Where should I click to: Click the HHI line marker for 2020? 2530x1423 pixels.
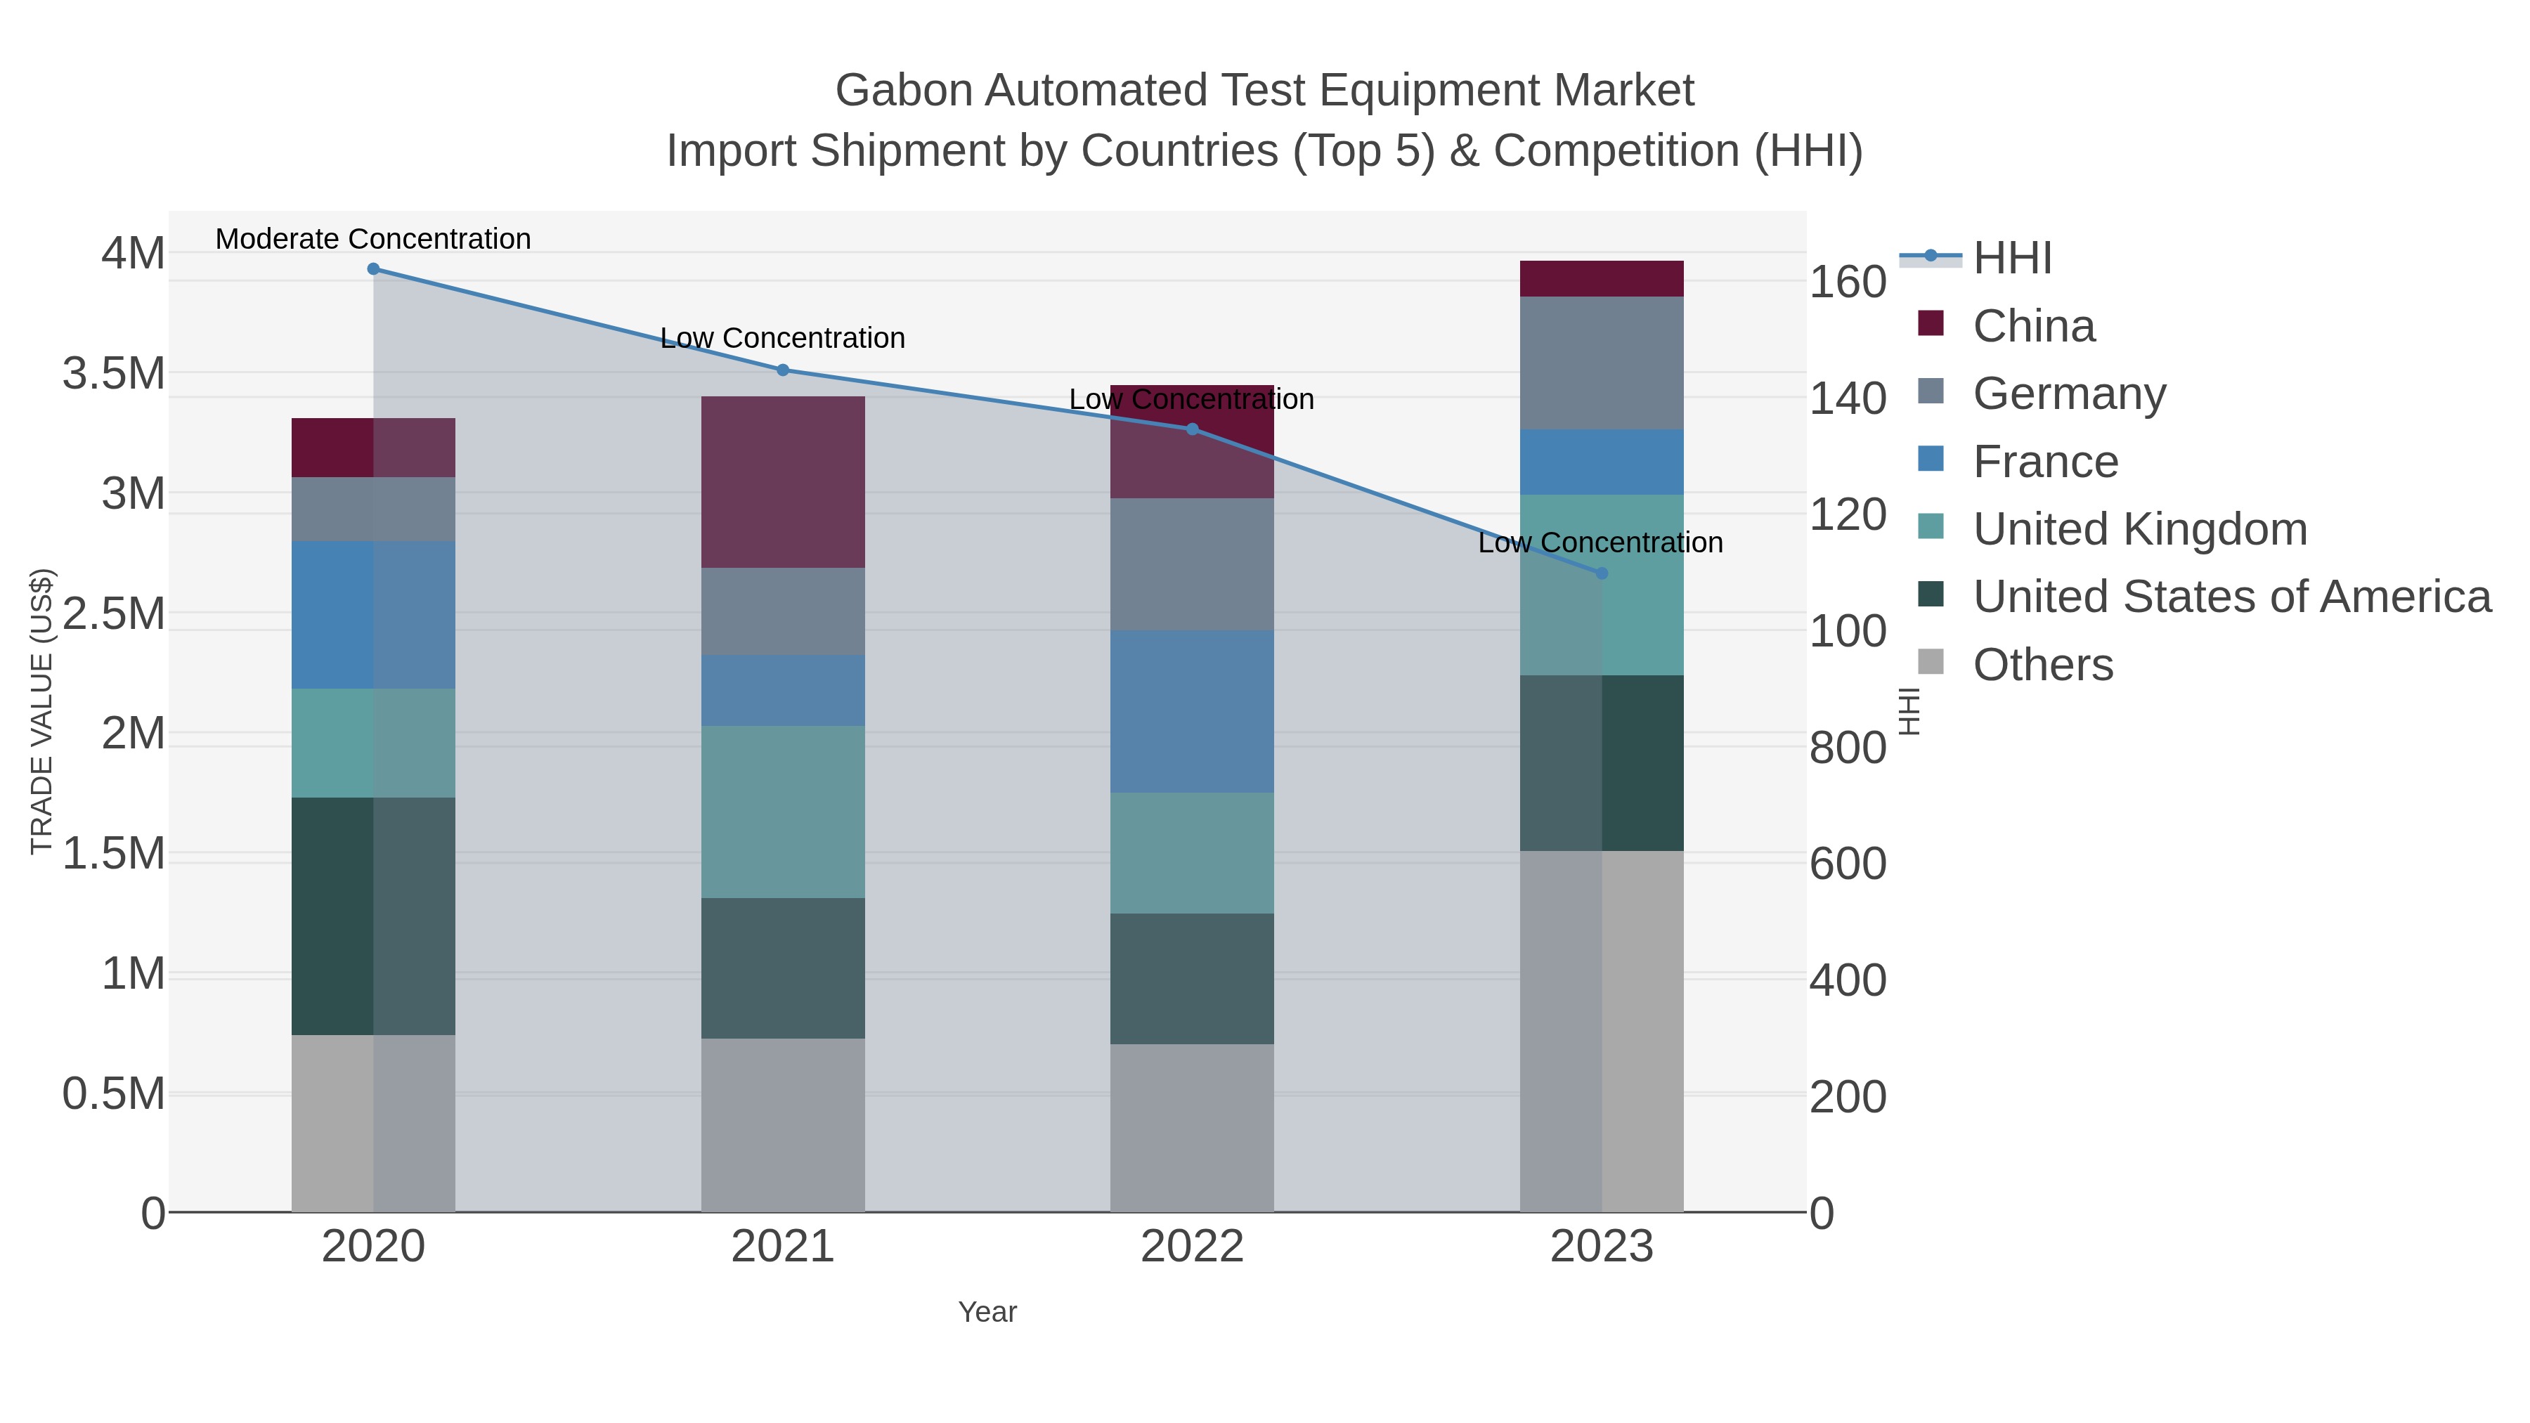click(x=373, y=269)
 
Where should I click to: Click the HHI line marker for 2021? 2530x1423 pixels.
click(x=783, y=370)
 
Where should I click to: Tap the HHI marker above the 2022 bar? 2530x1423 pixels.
click(x=1193, y=429)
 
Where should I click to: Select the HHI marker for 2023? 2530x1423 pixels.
click(x=1602, y=573)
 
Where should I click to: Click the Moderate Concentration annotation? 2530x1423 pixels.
click(x=373, y=239)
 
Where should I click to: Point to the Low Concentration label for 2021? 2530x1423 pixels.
click(x=783, y=338)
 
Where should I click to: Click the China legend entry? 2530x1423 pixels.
click(x=2033, y=326)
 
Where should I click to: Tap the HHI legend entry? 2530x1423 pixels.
click(x=2011, y=259)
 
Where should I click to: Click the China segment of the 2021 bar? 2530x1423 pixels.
click(x=783, y=481)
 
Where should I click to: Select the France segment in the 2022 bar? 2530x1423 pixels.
click(x=1193, y=711)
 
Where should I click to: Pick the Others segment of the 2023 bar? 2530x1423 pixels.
click(x=1602, y=1031)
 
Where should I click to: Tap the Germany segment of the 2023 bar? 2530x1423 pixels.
click(x=1602, y=363)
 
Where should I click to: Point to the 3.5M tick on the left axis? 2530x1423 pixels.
click(x=114, y=374)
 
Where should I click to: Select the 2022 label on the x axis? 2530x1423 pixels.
click(x=1193, y=1247)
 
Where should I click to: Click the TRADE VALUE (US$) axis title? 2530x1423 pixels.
click(x=41, y=711)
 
